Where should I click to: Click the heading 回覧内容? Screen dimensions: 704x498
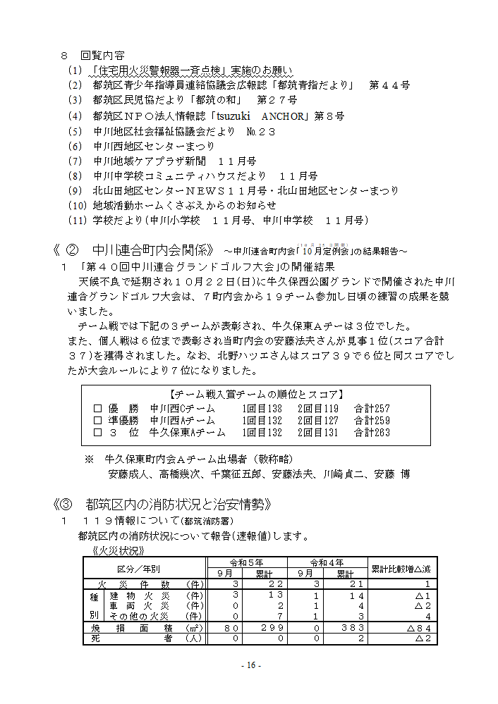pos(103,55)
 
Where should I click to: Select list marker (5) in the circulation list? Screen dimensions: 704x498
pos(75,131)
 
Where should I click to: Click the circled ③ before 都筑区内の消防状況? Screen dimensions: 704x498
pos(66,505)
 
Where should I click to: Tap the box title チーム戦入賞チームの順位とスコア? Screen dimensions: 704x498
pos(257,395)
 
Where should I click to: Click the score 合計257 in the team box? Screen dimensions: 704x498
pos(372,409)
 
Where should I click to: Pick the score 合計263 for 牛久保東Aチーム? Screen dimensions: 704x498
pos(372,433)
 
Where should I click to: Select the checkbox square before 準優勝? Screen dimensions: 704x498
pos(98,421)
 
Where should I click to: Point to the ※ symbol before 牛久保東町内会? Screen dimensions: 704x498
pos(90,459)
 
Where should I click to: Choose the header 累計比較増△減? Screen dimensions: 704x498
pos(400,568)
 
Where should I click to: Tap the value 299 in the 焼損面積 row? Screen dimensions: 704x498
pos(270,627)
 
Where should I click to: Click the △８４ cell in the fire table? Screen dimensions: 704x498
pos(419,627)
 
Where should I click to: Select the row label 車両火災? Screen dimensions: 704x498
pos(138,605)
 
